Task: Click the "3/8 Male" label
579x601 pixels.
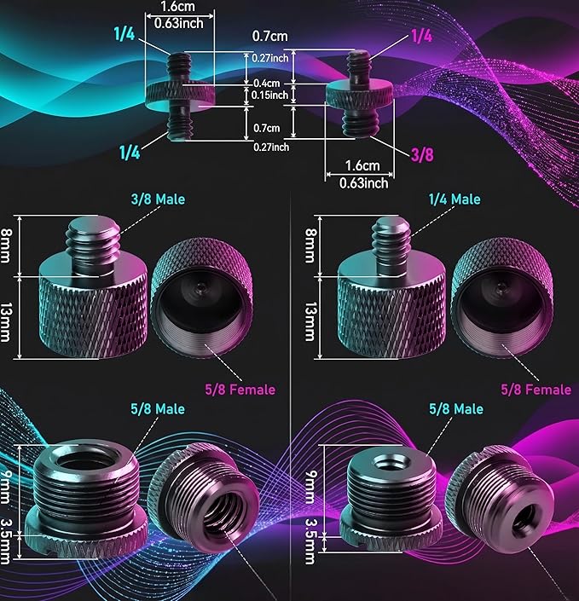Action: click(158, 199)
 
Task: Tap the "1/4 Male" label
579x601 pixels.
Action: click(455, 199)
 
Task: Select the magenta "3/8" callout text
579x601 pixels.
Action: click(422, 155)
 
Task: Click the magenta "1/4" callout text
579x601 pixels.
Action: click(422, 36)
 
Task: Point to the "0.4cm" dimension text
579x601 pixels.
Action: click(267, 84)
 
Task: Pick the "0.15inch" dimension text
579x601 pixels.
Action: click(269, 95)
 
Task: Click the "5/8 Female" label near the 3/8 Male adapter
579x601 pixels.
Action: click(240, 390)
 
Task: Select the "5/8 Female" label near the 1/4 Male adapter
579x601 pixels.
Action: click(536, 390)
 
